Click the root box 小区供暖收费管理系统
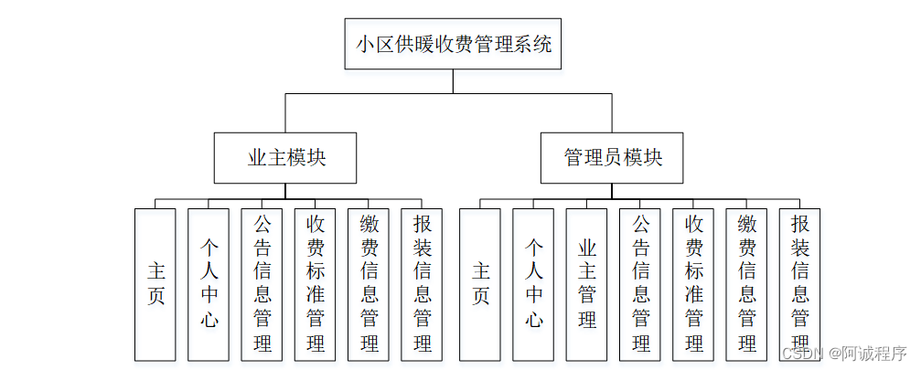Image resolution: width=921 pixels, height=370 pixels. pyautogui.click(x=454, y=44)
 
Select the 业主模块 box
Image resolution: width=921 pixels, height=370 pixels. pyautogui.click(x=286, y=157)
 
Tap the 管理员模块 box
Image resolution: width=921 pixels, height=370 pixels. pyautogui.click(x=613, y=157)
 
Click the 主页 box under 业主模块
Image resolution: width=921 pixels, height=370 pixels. pyautogui.click(x=155, y=283)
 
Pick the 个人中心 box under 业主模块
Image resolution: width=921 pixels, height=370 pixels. pyautogui.click(x=209, y=283)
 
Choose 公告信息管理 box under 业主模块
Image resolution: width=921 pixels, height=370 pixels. pyautogui.click(x=262, y=283)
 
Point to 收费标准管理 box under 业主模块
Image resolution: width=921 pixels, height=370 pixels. pyautogui.click(x=316, y=283)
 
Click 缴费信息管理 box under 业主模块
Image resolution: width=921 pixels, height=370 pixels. pyautogui.click(x=369, y=283)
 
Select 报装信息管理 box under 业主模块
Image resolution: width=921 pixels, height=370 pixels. pyautogui.click(x=422, y=283)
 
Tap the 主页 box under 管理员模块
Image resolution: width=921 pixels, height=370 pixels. pyautogui.click(x=480, y=283)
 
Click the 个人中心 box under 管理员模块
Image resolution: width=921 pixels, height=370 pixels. pyautogui.click(x=533, y=283)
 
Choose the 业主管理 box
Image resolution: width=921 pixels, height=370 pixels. pyautogui.click(x=586, y=283)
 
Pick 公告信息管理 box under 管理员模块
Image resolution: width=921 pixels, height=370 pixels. pyautogui.click(x=640, y=283)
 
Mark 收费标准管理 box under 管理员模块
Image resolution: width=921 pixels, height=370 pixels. pyautogui.click(x=693, y=283)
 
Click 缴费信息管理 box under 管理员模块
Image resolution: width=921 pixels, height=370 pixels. pyautogui.click(x=746, y=283)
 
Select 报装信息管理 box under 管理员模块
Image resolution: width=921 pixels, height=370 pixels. pyautogui.click(x=799, y=283)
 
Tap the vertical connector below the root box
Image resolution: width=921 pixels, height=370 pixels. pyautogui.click(x=454, y=81)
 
